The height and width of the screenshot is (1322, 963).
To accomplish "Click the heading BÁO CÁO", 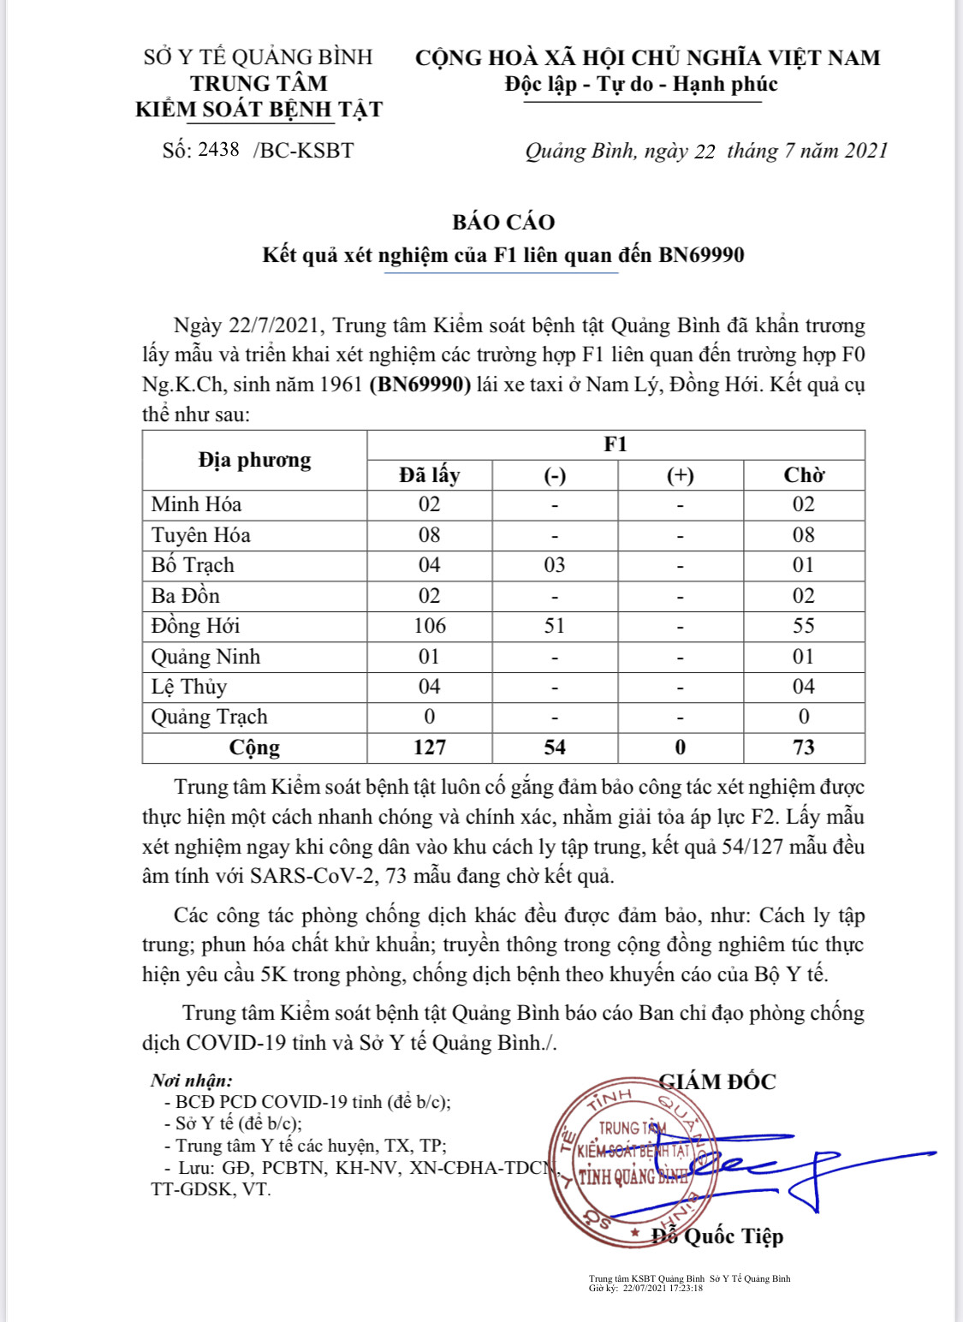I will pos(503,222).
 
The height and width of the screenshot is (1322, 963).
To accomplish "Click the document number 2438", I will pos(218,150).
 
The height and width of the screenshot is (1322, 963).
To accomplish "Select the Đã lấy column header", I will pos(429,475).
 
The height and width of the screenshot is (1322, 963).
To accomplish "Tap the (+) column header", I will pos(680,475).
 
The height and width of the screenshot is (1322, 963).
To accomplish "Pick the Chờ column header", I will pos(803,475).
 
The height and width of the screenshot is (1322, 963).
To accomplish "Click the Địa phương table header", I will pos(254,460).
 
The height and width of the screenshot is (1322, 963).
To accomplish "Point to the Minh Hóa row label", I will pos(196,504).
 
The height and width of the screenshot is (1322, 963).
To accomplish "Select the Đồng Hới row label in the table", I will pos(195,626).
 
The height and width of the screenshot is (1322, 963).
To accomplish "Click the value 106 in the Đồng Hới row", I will pos(429,626).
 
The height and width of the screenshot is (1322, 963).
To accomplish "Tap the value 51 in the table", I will pos(555,626).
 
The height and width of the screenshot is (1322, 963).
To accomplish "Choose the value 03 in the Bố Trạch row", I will pos(555,565).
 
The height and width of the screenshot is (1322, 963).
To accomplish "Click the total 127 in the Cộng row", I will pos(429,747).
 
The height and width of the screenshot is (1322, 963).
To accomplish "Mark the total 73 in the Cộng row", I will pos(803,747).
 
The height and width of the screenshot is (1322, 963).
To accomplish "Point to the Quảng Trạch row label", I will pos(209,717).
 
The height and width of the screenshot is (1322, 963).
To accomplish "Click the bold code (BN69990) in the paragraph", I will pos(420,384).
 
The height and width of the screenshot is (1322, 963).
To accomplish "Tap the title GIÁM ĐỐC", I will pos(717,1081).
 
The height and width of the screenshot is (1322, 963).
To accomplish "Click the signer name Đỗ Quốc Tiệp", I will pos(717,1236).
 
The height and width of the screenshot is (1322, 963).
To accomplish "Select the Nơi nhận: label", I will pos(192,1081).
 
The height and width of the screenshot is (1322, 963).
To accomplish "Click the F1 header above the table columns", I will pos(615,444).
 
